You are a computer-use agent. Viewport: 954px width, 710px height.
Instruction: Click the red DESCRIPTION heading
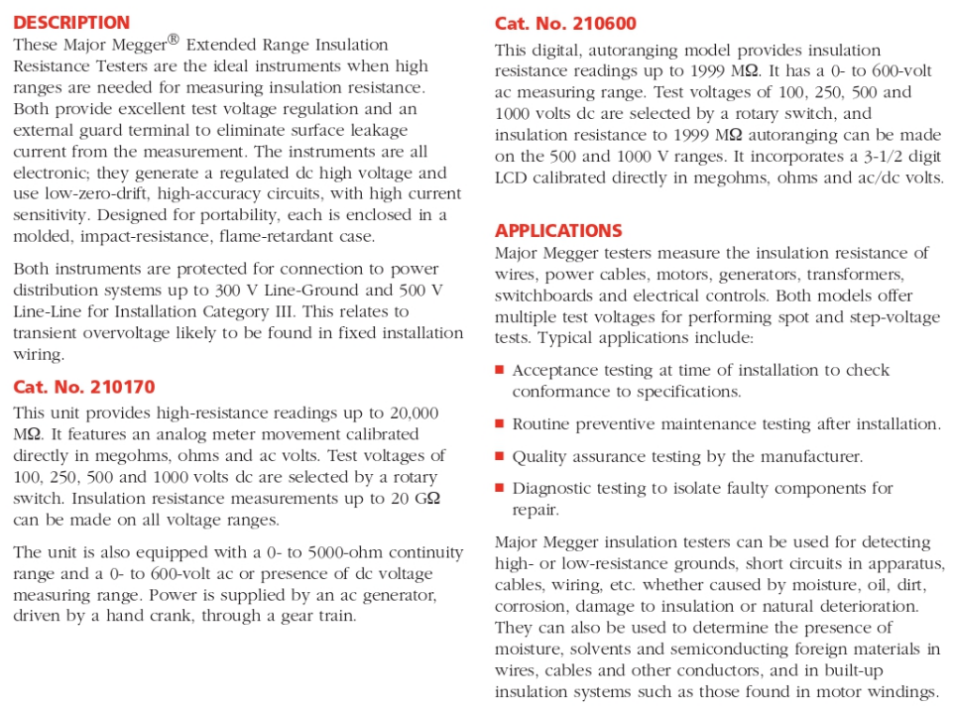[71, 22]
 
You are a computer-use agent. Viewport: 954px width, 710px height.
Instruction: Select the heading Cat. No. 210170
[84, 387]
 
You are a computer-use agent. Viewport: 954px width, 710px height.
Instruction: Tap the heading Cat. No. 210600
[565, 24]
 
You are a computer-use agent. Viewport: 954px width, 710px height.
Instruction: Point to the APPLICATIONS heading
[558, 231]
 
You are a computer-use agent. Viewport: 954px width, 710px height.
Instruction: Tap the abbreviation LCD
[512, 178]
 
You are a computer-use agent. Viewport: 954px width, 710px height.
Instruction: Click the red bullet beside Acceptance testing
[500, 370]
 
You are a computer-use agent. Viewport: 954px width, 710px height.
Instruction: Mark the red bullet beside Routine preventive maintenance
[500, 423]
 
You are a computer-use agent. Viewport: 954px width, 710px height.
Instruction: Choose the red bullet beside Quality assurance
[500, 456]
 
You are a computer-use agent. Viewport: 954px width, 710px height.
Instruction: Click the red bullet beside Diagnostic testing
[500, 488]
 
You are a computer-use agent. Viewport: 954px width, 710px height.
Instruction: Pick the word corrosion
[532, 606]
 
